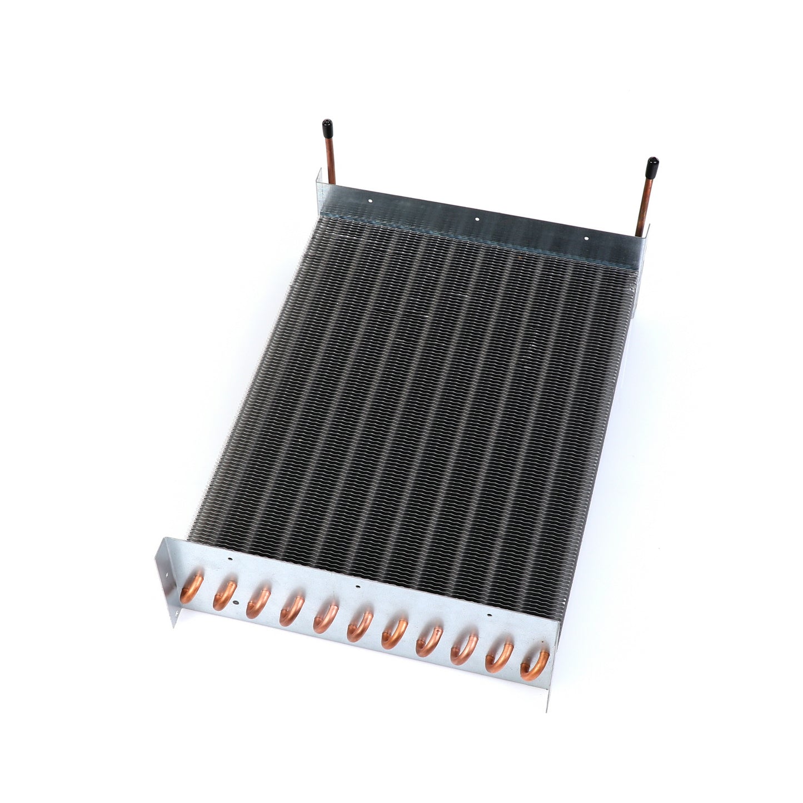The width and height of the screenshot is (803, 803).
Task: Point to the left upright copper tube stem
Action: coord(331,161)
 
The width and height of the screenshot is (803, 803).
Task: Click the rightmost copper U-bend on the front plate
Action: coord(534,665)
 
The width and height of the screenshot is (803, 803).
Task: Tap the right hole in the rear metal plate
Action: coord(586,238)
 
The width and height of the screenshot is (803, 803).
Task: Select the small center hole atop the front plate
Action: coord(358,586)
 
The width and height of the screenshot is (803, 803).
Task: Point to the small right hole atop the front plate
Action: coord(489,616)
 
